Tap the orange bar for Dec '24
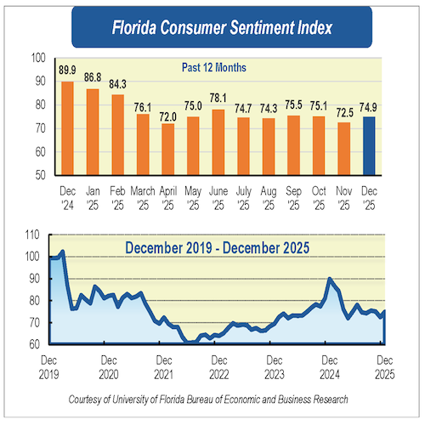67,128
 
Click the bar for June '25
218,142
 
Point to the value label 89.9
67,71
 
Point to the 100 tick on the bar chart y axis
37,58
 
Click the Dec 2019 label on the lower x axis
50,366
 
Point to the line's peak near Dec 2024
330,278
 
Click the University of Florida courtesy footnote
212,399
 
